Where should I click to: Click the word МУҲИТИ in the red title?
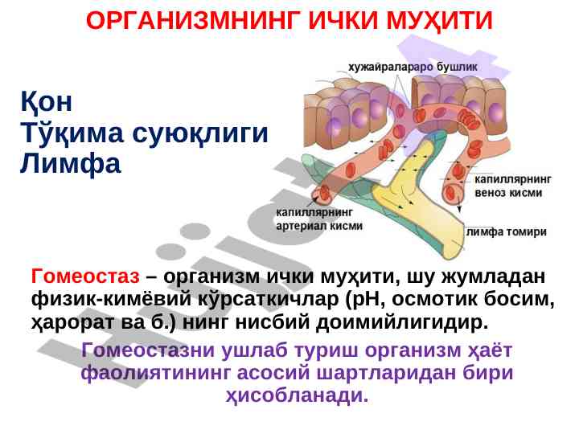click(x=439, y=21)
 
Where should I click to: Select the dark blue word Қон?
click(x=46, y=101)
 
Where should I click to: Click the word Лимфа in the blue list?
click(x=70, y=164)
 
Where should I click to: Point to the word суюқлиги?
click(x=200, y=133)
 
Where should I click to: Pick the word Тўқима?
click(x=72, y=132)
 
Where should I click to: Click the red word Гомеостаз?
click(x=85, y=276)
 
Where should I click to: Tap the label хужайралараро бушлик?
click(x=413, y=68)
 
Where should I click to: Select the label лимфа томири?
click(x=507, y=231)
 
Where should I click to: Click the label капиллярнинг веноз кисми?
click(x=512, y=186)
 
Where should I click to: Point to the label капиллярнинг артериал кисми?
click(x=319, y=219)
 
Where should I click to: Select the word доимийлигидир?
click(x=402, y=322)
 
